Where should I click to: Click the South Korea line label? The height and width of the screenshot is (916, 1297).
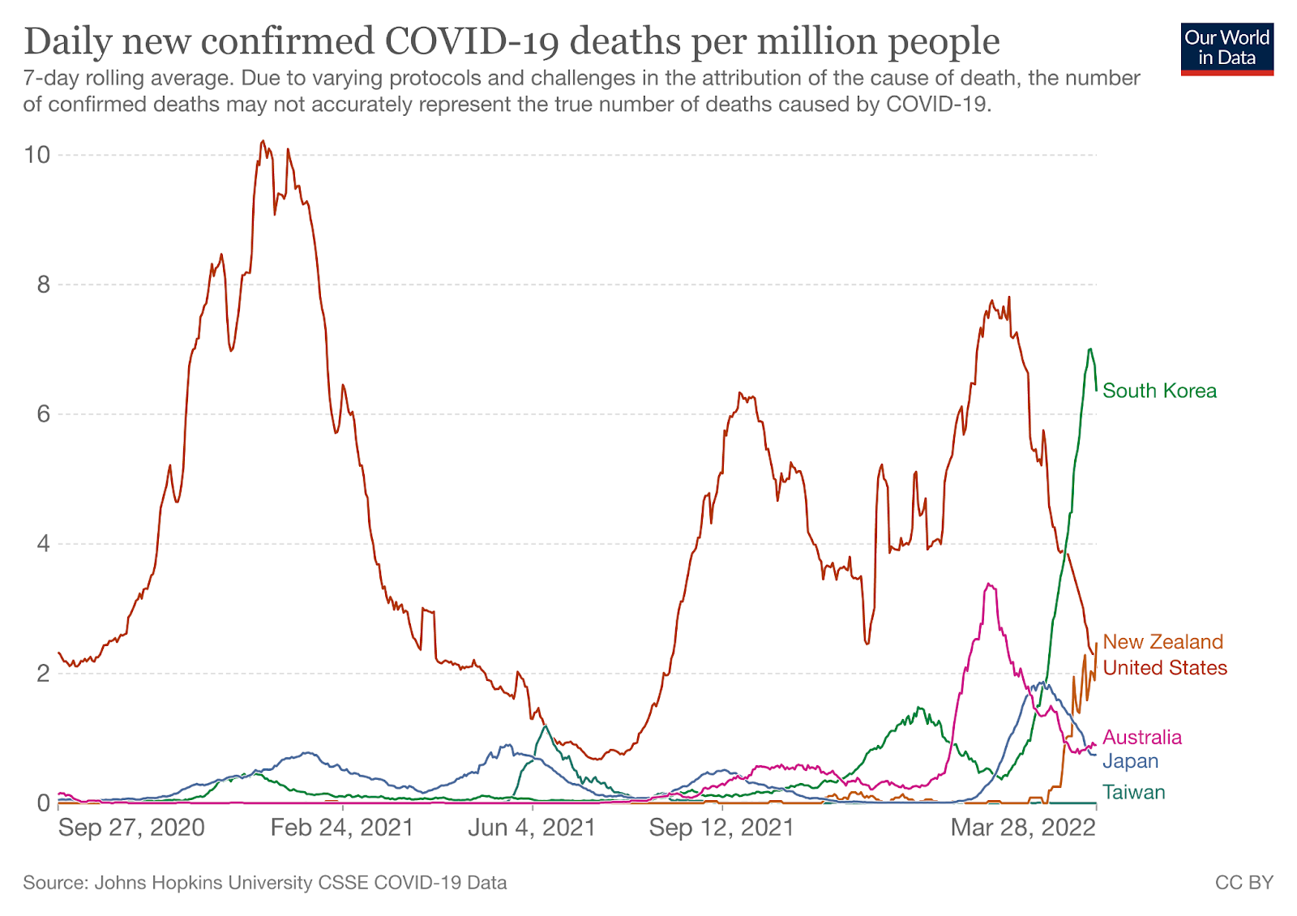coord(1159,391)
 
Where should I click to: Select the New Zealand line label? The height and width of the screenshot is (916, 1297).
coord(1162,642)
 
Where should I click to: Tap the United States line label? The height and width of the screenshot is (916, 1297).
coord(1165,668)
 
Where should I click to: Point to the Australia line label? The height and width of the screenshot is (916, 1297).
coord(1142,737)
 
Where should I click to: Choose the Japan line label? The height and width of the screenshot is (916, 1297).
coord(1130,761)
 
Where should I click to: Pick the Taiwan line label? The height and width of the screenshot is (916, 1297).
coord(1133,792)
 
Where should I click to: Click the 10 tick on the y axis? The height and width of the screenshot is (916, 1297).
coord(37,155)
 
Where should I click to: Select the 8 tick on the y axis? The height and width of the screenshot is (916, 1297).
coord(42,285)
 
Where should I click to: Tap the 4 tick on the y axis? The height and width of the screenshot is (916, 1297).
coord(42,544)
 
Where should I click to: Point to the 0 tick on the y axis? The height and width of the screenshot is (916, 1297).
coord(42,803)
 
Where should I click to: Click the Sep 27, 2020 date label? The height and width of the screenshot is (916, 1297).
coord(131,828)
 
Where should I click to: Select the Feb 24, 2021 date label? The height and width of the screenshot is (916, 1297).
coord(342,828)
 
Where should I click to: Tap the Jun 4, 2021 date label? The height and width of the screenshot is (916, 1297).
coord(532,828)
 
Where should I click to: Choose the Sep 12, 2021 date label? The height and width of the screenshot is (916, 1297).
coord(721,828)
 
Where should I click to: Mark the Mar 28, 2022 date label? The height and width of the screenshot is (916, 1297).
coord(1023,828)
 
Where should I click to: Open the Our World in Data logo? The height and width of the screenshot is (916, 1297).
coord(1226,49)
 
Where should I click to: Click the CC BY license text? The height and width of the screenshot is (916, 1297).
coord(1243,883)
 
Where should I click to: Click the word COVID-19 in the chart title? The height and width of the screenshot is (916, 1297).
coord(471,41)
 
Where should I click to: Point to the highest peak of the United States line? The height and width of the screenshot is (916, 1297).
coord(262,141)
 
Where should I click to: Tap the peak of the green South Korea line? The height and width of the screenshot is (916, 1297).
coord(1090,349)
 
